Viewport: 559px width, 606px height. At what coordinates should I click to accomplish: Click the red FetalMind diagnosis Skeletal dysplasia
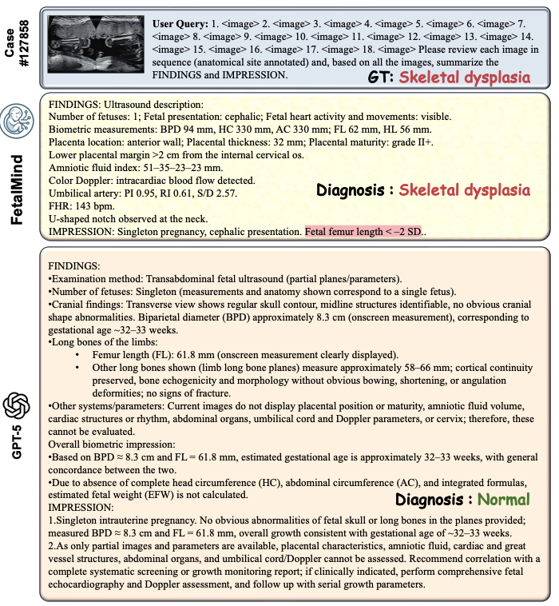(x=464, y=190)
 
